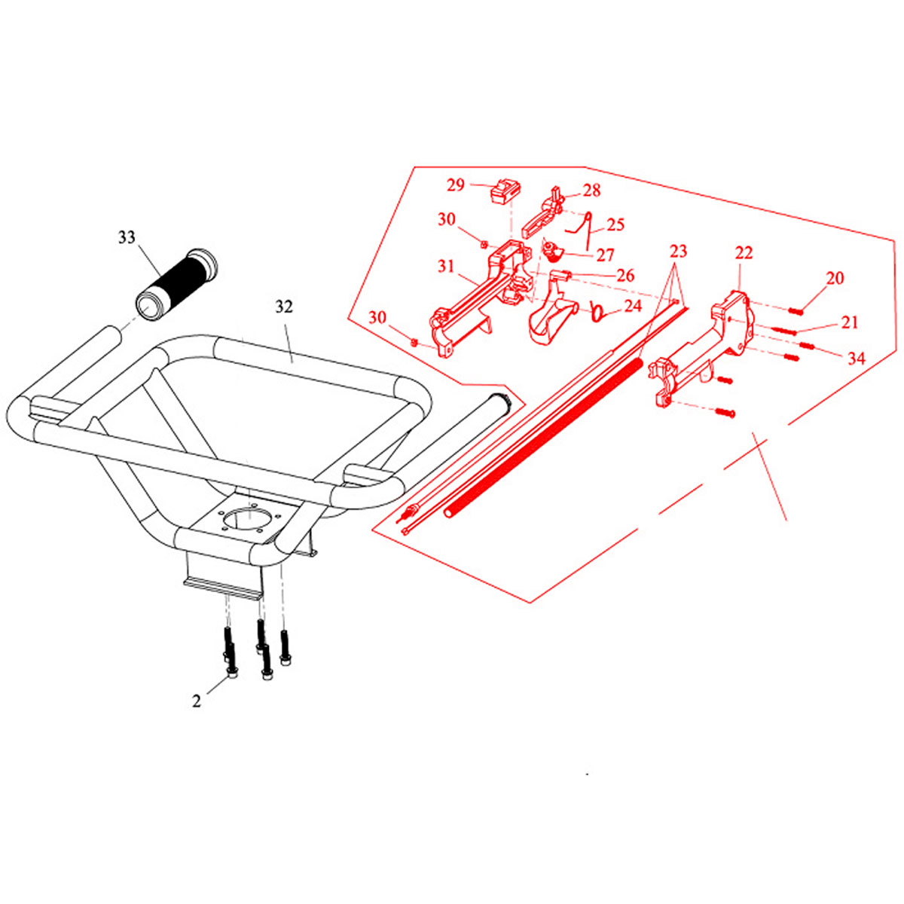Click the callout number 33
click(127, 238)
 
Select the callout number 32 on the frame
click(284, 307)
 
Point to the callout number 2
click(197, 701)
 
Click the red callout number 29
click(456, 185)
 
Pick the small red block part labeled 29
click(505, 191)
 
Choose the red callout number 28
click(591, 191)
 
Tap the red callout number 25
click(615, 224)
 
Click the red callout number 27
click(605, 255)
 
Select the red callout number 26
click(625, 276)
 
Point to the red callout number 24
click(632, 307)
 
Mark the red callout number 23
click(678, 252)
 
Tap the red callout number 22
click(744, 253)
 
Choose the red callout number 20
click(835, 278)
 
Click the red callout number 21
click(850, 322)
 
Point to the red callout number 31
click(446, 267)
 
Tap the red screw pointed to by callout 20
click(796, 310)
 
